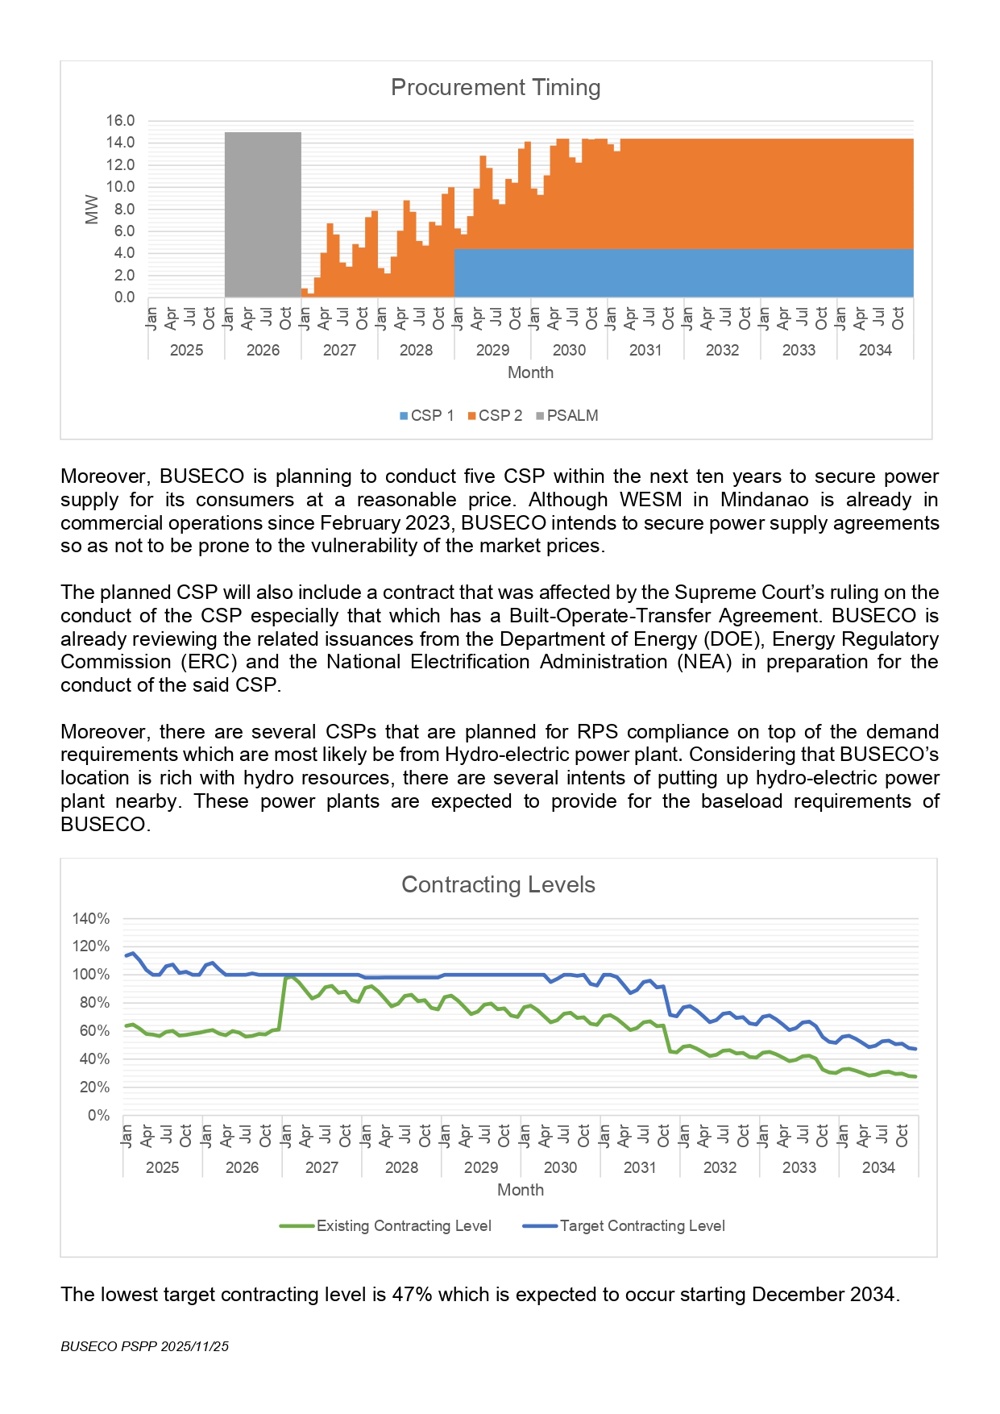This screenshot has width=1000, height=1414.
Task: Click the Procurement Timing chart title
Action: coord(496,87)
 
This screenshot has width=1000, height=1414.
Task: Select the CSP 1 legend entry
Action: coord(427,416)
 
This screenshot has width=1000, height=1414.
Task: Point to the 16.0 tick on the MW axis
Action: coord(120,121)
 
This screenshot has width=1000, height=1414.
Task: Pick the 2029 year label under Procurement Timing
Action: coord(492,350)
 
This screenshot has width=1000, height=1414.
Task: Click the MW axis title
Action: coord(92,209)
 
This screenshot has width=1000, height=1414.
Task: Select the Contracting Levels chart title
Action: coord(498,884)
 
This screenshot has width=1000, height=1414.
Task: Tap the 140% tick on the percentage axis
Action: coord(91,919)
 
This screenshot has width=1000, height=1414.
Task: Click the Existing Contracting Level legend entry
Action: coord(386,1226)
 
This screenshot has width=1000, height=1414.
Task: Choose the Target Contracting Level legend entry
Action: coord(624,1226)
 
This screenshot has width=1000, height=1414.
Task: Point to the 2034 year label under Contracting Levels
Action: coord(878,1167)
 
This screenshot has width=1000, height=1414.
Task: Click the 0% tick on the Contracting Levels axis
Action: coord(98,1116)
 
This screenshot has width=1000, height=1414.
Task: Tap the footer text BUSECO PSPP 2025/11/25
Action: coord(144,1346)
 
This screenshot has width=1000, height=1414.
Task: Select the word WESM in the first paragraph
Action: coord(650,500)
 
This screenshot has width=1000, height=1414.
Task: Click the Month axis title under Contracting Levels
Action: coord(521,1190)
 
